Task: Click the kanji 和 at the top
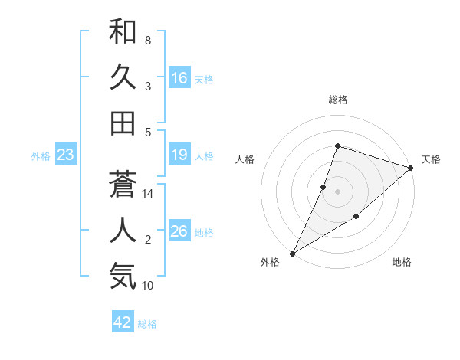pyautogui.click(x=123, y=33)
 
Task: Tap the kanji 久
pyautogui.click(x=123, y=77)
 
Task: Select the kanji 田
pyautogui.click(x=123, y=123)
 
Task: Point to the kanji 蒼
pyautogui.click(x=123, y=184)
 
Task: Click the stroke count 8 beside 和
pyautogui.click(x=147, y=40)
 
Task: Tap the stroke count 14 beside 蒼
pyautogui.click(x=149, y=194)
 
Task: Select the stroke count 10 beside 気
pyautogui.click(x=149, y=286)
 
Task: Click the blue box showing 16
pyautogui.click(x=179, y=77)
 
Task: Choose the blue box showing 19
pyautogui.click(x=179, y=155)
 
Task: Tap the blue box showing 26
pyautogui.click(x=179, y=232)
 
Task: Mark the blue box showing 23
pyautogui.click(x=66, y=155)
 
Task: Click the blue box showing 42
pyautogui.click(x=123, y=322)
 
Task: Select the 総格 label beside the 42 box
pyautogui.click(x=147, y=324)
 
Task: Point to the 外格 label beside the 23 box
pyautogui.click(x=41, y=156)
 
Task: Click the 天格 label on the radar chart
pyautogui.click(x=431, y=159)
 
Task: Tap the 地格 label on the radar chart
pyautogui.click(x=402, y=263)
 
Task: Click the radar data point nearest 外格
pyautogui.click(x=292, y=253)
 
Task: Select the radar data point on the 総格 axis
pyautogui.click(x=337, y=146)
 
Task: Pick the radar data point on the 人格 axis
pyautogui.click(x=324, y=187)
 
